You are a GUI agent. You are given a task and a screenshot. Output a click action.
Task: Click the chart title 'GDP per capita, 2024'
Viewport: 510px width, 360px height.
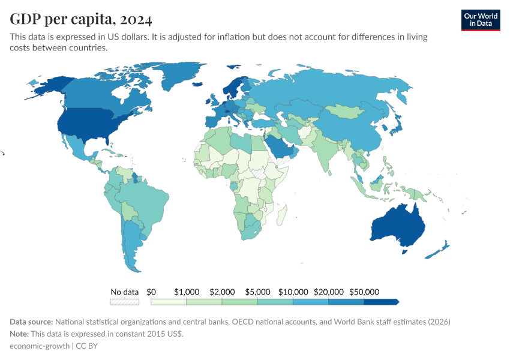click(80, 20)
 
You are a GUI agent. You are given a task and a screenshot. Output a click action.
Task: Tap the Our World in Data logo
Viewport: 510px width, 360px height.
click(481, 20)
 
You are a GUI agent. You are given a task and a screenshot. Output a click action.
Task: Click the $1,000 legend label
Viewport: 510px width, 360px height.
click(186, 292)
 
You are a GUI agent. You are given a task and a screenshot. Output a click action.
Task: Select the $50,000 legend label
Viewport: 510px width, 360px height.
click(364, 292)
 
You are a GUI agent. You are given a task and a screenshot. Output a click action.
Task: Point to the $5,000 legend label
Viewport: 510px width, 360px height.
click(257, 292)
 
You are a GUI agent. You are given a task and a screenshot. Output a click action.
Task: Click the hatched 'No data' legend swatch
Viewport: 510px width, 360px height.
click(124, 302)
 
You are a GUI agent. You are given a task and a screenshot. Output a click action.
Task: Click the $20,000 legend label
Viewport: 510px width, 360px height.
click(328, 292)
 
